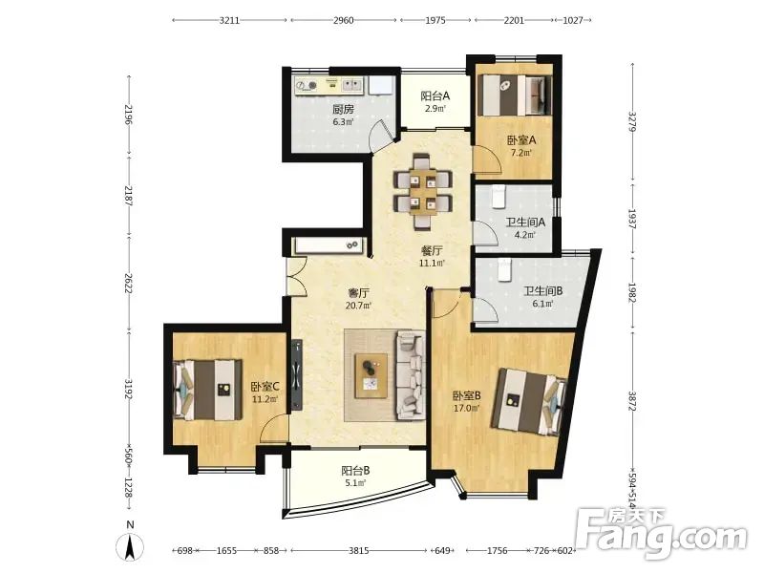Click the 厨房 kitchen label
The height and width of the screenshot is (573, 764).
pyautogui.click(x=343, y=109)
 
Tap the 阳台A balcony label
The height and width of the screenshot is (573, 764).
pyautogui.click(x=435, y=96)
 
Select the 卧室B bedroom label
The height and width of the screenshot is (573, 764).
pyautogui.click(x=467, y=395)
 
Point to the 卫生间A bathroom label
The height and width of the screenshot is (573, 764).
pyautogui.click(x=525, y=223)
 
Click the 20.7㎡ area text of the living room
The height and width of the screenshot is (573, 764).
pyautogui.click(x=358, y=306)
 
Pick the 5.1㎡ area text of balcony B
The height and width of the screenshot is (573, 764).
pyautogui.click(x=355, y=483)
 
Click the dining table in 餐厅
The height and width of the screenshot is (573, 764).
pyautogui.click(x=423, y=191)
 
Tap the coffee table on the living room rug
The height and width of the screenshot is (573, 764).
pyautogui.click(x=371, y=375)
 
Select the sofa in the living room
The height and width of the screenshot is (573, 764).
pyautogui.click(x=411, y=375)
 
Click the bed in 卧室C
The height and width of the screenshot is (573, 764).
pyautogui.click(x=207, y=390)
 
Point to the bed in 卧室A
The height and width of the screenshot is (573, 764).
pyautogui.click(x=515, y=95)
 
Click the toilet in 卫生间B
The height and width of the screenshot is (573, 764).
pyautogui.click(x=504, y=269)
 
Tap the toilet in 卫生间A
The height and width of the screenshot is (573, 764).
pyautogui.click(x=498, y=196)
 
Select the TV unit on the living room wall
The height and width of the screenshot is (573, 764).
pyautogui.click(x=297, y=374)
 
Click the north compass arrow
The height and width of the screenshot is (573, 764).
pyautogui.click(x=130, y=547)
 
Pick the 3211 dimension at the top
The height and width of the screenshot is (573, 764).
pyautogui.click(x=229, y=20)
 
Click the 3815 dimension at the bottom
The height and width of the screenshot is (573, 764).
pyautogui.click(x=359, y=551)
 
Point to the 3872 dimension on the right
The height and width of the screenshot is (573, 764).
pyautogui.click(x=632, y=401)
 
